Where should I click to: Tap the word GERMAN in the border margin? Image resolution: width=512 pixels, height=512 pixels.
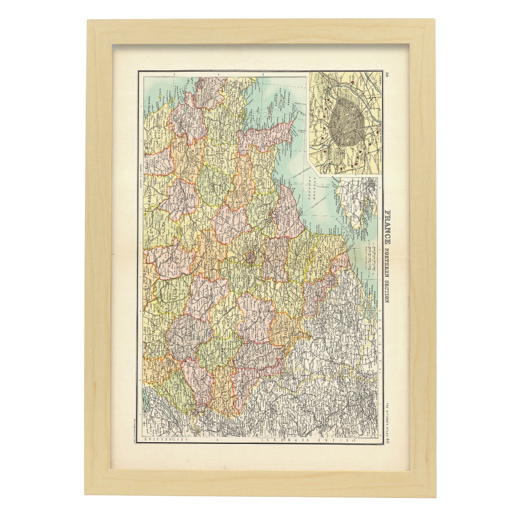(273, 440)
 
